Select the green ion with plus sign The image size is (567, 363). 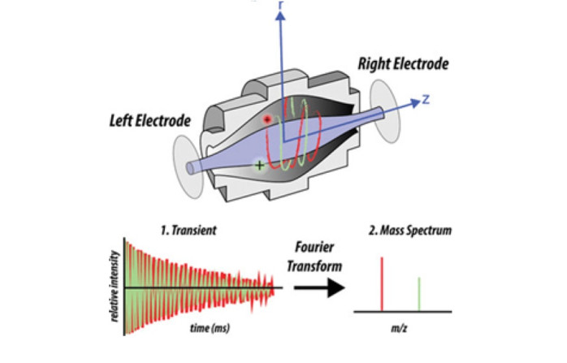click(x=259, y=166)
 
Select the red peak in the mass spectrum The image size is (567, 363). click(x=381, y=283)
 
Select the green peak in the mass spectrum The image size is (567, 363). click(x=419, y=294)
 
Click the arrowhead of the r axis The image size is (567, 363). click(x=282, y=18)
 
